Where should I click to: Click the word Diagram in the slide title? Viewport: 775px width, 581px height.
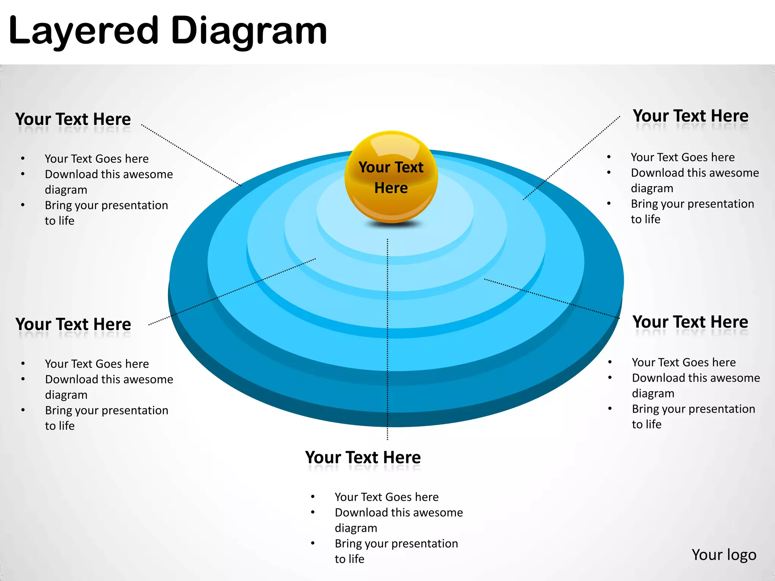(249, 31)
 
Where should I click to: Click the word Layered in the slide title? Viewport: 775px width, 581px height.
(83, 31)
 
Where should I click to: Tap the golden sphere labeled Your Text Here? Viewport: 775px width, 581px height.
(391, 177)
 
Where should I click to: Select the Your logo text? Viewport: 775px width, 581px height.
(724, 555)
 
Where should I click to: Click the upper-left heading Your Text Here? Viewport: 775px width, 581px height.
(73, 119)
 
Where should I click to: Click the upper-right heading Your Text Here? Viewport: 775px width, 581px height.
(691, 116)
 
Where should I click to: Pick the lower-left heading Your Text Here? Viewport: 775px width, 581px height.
(73, 324)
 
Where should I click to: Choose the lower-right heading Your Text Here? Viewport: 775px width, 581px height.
(690, 322)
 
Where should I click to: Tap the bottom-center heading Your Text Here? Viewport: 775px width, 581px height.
(363, 458)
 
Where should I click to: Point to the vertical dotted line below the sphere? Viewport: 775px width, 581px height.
(387, 340)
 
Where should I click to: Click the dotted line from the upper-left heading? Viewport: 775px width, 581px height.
(191, 155)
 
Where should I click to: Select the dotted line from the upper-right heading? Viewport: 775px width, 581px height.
(571, 158)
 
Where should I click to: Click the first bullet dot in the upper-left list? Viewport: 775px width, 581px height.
(23, 159)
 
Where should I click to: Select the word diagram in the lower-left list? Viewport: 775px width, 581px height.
(66, 395)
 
